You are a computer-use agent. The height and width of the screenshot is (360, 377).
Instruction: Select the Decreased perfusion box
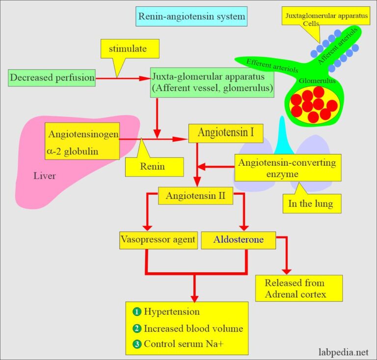point(52,77)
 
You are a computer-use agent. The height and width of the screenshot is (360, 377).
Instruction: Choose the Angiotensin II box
point(195,196)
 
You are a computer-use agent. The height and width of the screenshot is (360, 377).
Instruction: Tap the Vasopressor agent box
point(157,240)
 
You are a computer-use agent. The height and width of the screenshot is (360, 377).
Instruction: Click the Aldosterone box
point(239,240)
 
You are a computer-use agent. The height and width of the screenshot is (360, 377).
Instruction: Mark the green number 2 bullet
point(136,328)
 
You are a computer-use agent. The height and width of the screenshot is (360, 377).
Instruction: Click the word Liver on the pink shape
point(45,176)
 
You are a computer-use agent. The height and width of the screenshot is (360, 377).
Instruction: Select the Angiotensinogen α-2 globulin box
point(82,142)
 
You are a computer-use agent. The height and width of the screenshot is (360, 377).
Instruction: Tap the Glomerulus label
point(313,79)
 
